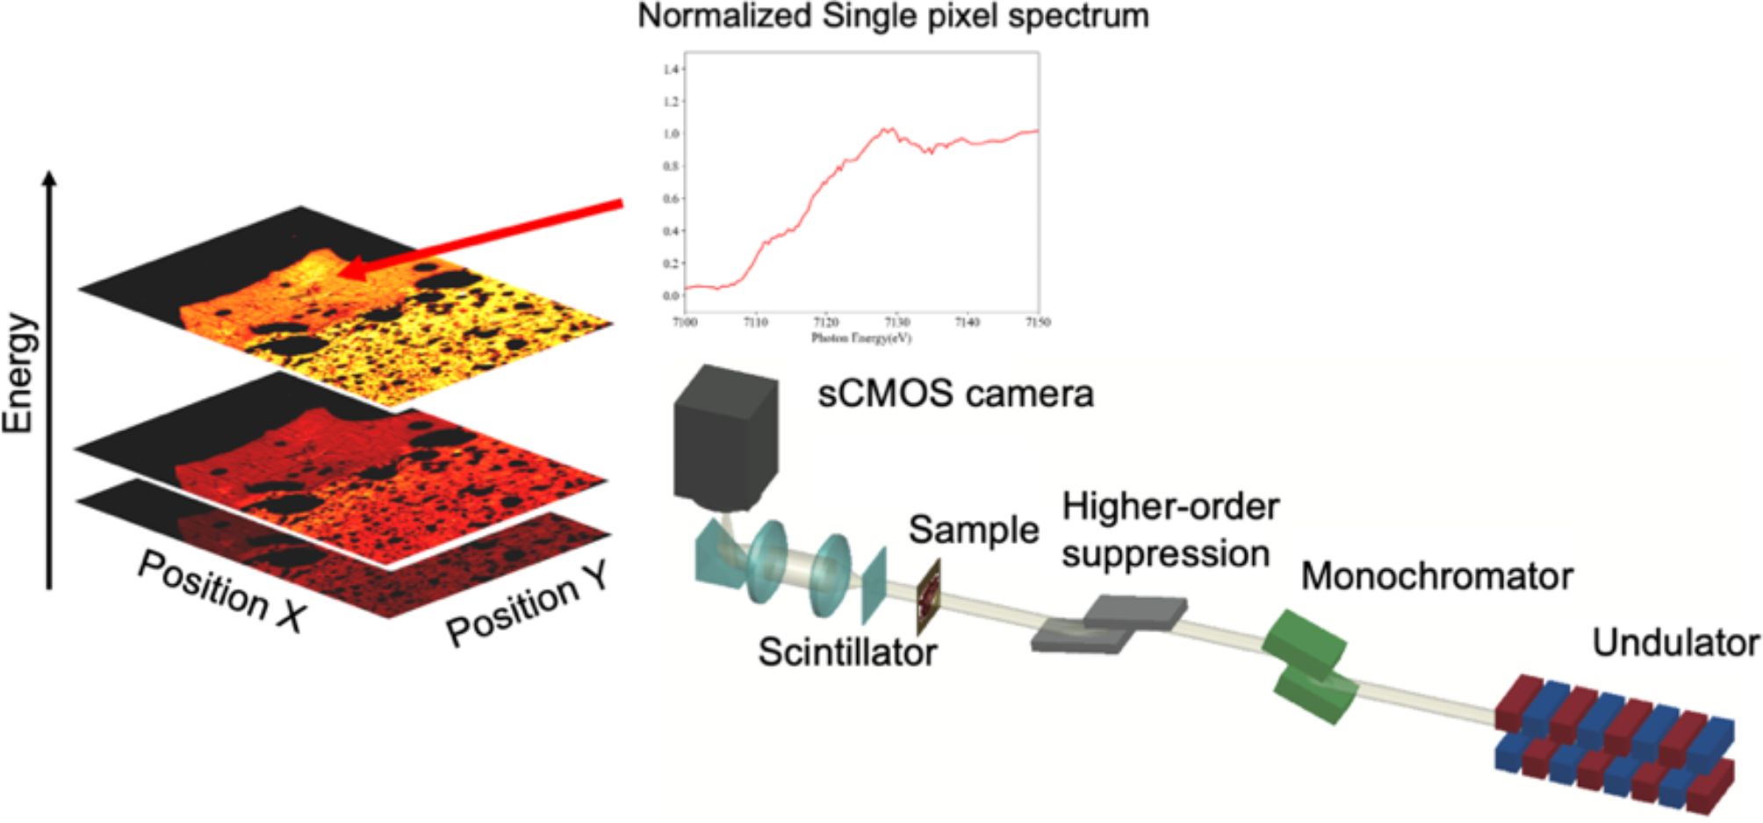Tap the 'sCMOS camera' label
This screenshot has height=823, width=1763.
tap(955, 394)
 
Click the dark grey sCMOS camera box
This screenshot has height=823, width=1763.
tap(725, 439)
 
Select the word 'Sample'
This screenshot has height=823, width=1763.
tap(973, 531)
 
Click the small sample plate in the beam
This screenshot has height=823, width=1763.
tap(929, 597)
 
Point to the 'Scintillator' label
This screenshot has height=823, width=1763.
tap(847, 653)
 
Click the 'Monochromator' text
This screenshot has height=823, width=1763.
tap(1436, 577)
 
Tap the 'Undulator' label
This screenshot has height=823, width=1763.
tap(1675, 644)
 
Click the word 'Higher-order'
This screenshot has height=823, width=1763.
tap(1170, 508)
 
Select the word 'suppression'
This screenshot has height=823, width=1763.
tap(1165, 555)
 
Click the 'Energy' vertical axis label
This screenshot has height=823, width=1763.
tap(19, 373)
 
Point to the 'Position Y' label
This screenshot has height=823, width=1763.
tap(527, 604)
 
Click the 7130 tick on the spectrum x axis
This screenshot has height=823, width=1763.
tap(896, 322)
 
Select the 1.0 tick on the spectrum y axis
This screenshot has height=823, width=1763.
tap(672, 134)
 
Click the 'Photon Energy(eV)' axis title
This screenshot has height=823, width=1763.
tap(860, 338)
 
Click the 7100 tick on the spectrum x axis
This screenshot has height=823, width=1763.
tap(685, 322)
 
